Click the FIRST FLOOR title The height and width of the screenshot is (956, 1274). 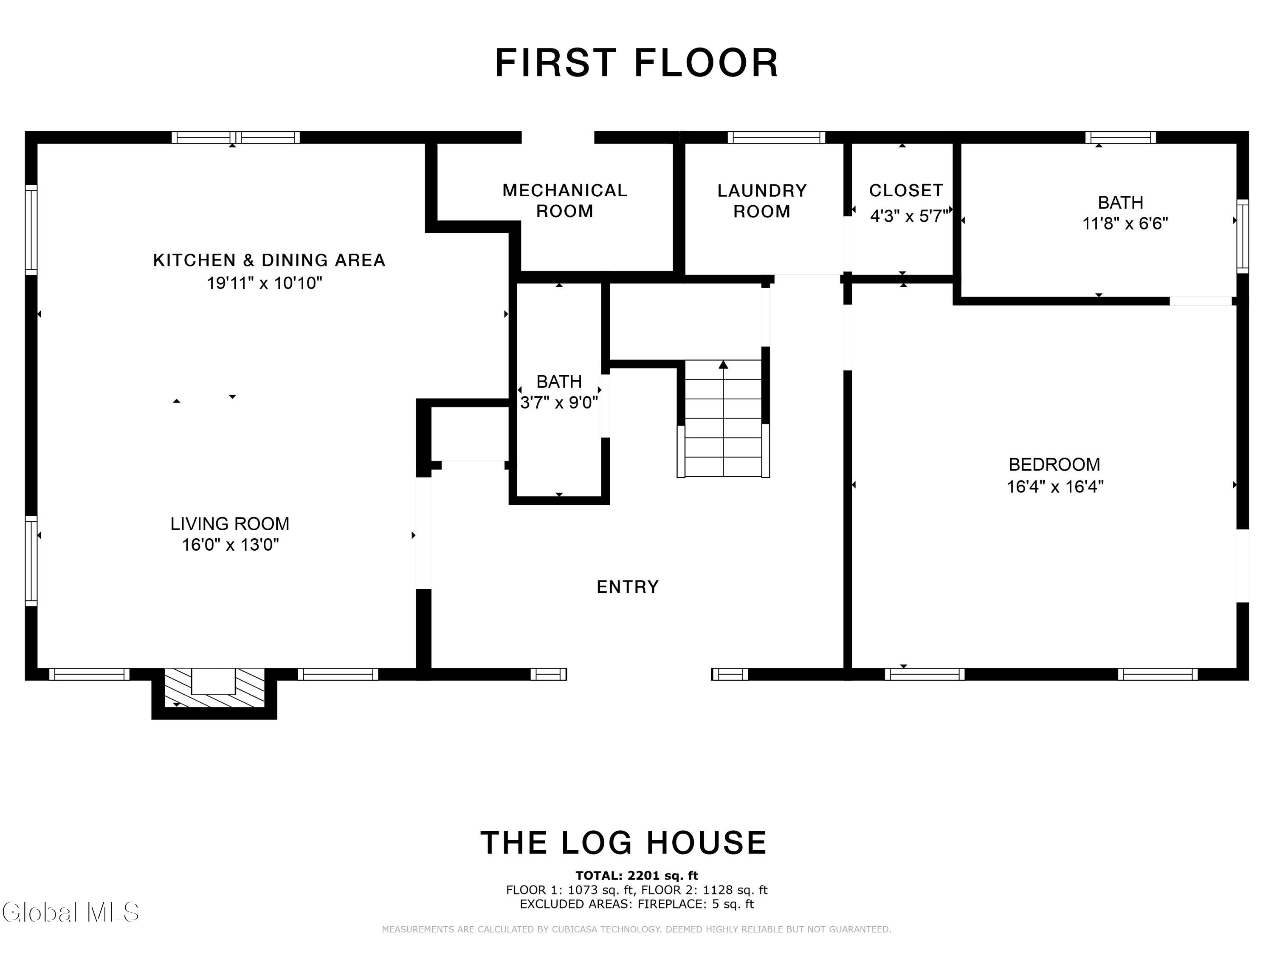(637, 63)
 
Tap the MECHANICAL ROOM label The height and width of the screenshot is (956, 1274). (564, 201)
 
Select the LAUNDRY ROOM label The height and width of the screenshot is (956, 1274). (762, 201)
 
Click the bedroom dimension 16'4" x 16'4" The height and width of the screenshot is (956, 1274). (1054, 486)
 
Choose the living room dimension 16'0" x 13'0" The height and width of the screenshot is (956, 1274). (230, 545)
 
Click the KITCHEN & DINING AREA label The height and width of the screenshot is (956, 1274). (269, 260)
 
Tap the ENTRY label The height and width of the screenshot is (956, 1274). (627, 587)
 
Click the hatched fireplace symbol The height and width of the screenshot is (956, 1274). (214, 687)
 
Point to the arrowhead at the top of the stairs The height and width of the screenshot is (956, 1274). (723, 364)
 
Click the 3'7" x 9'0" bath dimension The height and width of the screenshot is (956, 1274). (559, 402)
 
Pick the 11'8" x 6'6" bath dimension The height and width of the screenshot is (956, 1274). (1125, 223)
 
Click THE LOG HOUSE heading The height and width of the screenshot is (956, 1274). (624, 843)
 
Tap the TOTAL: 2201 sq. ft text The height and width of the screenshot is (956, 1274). (637, 876)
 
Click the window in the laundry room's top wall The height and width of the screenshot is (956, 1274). (776, 137)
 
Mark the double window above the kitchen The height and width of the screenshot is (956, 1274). (236, 137)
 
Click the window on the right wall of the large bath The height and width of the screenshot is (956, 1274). (1243, 236)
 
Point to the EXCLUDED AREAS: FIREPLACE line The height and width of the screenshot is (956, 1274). (637, 904)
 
